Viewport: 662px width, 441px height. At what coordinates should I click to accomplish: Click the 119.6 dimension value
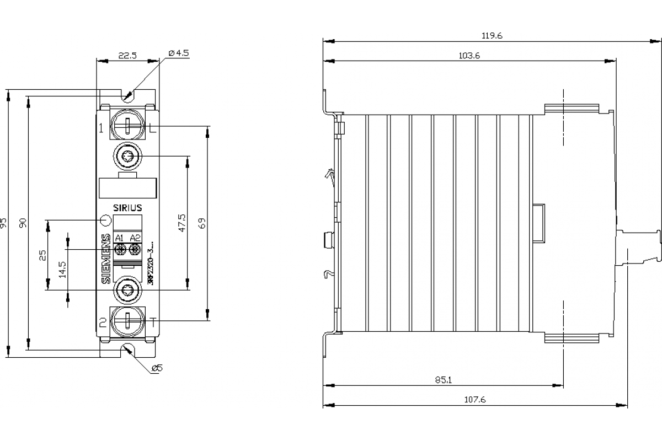(492, 36)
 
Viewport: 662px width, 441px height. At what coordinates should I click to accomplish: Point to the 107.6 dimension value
(475, 400)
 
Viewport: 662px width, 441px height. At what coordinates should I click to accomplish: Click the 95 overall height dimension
(5, 223)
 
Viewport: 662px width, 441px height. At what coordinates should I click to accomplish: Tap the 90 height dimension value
(23, 223)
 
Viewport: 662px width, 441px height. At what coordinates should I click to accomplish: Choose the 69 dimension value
(202, 223)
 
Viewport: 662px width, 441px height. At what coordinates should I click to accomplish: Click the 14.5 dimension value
(62, 268)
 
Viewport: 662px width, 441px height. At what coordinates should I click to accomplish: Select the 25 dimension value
(43, 254)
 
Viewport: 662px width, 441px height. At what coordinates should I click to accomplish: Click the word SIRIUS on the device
(127, 208)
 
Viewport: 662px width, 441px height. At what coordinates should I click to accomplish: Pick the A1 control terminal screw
(120, 250)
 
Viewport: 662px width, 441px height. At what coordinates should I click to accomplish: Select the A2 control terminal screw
(134, 250)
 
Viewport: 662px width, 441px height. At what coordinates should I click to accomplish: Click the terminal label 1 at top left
(102, 128)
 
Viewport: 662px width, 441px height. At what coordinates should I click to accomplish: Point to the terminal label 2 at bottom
(102, 323)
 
